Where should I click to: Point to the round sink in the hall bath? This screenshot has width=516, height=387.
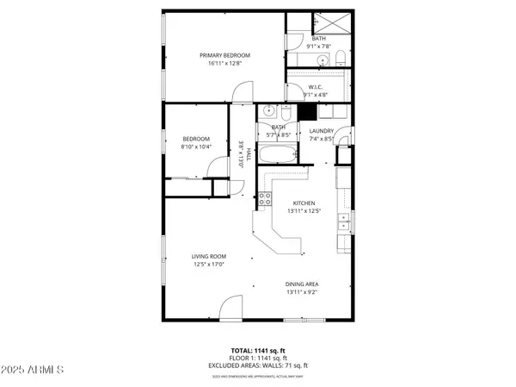[x=267, y=111]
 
